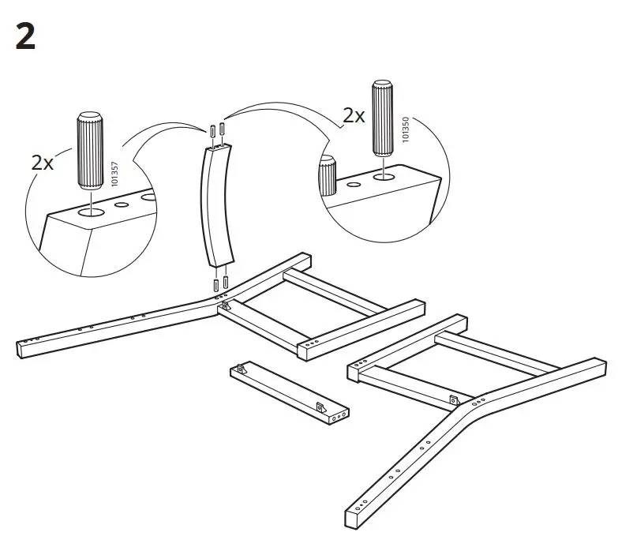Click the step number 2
pyautogui.click(x=25, y=36)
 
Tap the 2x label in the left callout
pyautogui.click(x=42, y=163)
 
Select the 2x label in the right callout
pyautogui.click(x=353, y=115)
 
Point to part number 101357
pyautogui.click(x=114, y=174)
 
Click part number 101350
pyautogui.click(x=406, y=129)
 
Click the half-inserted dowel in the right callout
pyautogui.click(x=327, y=175)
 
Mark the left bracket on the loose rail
pyautogui.click(x=240, y=369)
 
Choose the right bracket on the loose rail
pyautogui.click(x=320, y=407)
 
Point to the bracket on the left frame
pyautogui.click(x=224, y=305)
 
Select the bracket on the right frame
pyautogui.click(x=454, y=400)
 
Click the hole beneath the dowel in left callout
pyautogui.click(x=89, y=212)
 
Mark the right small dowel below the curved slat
pyautogui.click(x=226, y=281)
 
